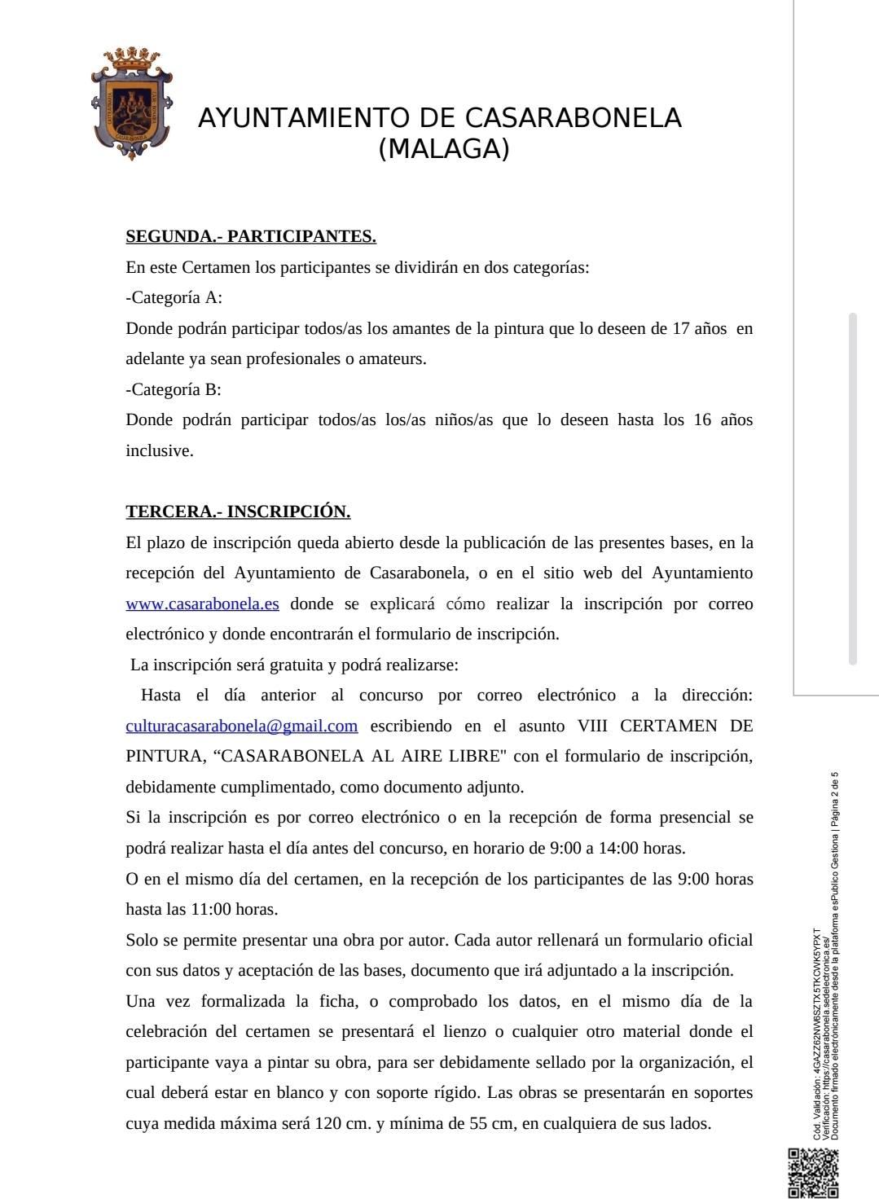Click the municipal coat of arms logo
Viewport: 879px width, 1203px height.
(131, 103)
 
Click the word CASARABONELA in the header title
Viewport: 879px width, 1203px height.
(573, 118)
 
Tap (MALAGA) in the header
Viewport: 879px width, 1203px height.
(444, 149)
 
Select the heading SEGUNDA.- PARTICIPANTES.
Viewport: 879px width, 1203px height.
(251, 236)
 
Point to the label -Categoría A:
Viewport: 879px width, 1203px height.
(174, 297)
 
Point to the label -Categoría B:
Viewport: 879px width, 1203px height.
(174, 389)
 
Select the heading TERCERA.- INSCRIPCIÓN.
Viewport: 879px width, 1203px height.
(238, 511)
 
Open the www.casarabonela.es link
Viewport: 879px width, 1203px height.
(202, 604)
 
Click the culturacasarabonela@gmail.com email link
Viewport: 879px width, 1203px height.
(242, 726)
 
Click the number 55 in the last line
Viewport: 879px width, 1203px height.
(479, 1123)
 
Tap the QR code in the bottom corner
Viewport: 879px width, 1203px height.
(813, 1174)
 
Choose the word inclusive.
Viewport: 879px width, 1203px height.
(159, 450)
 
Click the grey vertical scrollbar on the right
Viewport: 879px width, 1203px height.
(853, 489)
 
